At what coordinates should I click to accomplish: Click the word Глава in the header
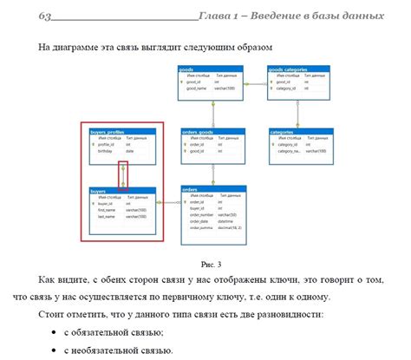tap(216, 16)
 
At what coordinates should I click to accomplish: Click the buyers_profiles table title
tap(121, 132)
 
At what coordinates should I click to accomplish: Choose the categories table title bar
tap(297, 132)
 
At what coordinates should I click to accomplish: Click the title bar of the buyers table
tap(121, 189)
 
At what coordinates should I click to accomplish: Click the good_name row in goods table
tap(201, 88)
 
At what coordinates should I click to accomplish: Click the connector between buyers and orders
tap(168, 203)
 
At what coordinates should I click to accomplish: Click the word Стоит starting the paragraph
tap(50, 314)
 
